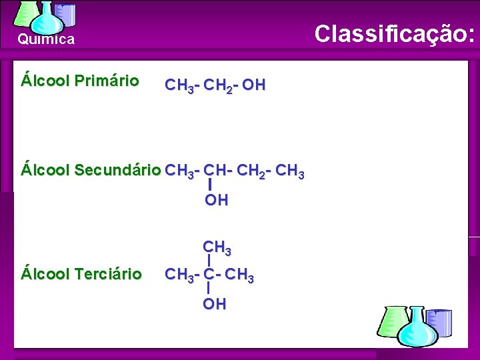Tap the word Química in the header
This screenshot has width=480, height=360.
click(x=46, y=39)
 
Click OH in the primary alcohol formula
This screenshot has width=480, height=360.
click(x=253, y=85)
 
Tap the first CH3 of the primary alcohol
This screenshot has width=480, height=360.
click(x=179, y=85)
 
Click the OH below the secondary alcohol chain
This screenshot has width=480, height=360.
click(x=216, y=200)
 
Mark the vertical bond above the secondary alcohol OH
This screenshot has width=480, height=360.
click(x=210, y=185)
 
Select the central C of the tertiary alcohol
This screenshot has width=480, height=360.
click(x=209, y=273)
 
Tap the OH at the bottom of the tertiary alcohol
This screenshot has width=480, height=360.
click(x=215, y=304)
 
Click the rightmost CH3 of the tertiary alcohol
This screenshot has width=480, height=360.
click(x=240, y=274)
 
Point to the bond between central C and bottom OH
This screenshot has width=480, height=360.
click(x=209, y=289)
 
